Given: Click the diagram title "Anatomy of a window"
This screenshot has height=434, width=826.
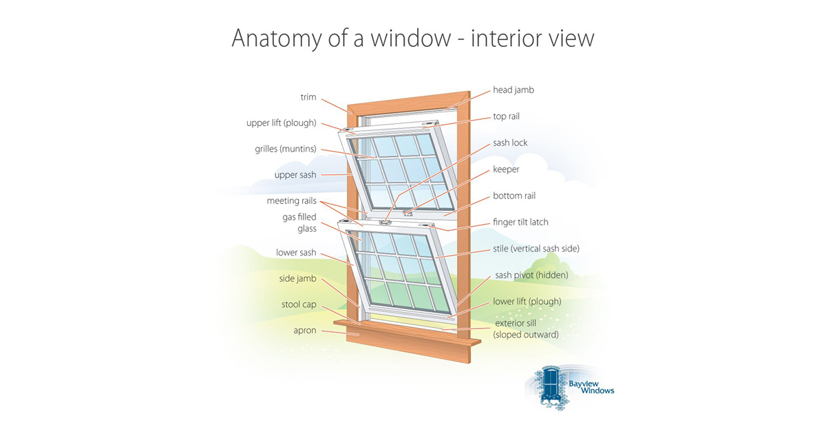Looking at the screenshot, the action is coord(341,39).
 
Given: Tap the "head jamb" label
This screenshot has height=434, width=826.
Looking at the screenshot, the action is coord(513,90).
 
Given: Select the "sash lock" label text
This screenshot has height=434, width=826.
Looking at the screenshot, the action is coord(510,143).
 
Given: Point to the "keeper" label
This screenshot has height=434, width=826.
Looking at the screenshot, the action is coord(506,169).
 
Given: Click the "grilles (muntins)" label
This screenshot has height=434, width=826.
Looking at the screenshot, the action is coord(286,149).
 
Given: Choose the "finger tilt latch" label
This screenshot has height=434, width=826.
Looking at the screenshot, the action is coord(520,222).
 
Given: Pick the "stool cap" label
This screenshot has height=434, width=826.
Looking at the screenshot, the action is coord(299,304).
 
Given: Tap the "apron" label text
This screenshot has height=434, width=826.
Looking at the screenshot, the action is coord(305,331).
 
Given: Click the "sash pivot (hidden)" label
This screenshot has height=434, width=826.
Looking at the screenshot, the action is coord(531,276).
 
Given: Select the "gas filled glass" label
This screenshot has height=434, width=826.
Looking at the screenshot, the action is coord(299,223).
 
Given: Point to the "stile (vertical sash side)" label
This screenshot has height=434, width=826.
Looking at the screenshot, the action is coord(536,249).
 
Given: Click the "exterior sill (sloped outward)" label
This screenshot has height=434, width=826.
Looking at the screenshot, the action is coord(527,329).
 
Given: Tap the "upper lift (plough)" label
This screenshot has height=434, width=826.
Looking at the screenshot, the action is coord(282,123).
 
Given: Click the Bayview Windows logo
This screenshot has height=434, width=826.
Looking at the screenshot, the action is coord(571,387).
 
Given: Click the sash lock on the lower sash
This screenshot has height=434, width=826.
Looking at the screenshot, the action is coord(385,222).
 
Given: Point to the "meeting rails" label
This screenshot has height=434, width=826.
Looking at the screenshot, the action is coord(291,200).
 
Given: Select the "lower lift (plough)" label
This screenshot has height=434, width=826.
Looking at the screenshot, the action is coord(527,302).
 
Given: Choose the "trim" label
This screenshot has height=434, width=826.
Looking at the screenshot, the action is coord(308,97).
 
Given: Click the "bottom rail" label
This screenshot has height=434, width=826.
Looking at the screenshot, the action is coord(514,196).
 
